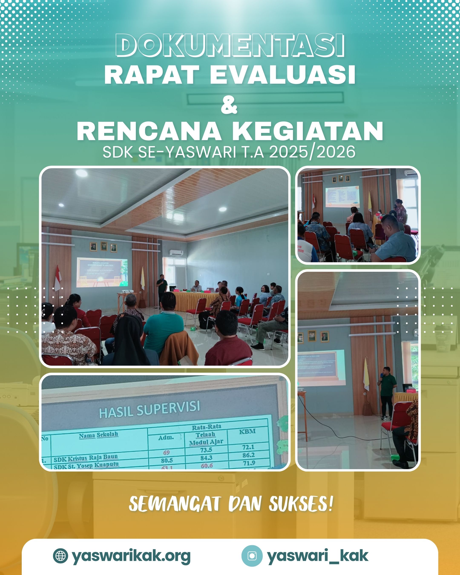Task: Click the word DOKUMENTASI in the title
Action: coord(230,45)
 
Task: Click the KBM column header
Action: coord(247,431)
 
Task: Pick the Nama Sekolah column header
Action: coord(98,435)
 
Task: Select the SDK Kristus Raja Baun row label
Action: coord(85,458)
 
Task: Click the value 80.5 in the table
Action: coord(167,460)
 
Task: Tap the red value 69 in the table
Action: coord(166,453)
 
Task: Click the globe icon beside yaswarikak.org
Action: coord(60,556)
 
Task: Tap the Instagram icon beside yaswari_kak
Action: coord(252,556)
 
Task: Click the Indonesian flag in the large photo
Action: coord(57,279)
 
